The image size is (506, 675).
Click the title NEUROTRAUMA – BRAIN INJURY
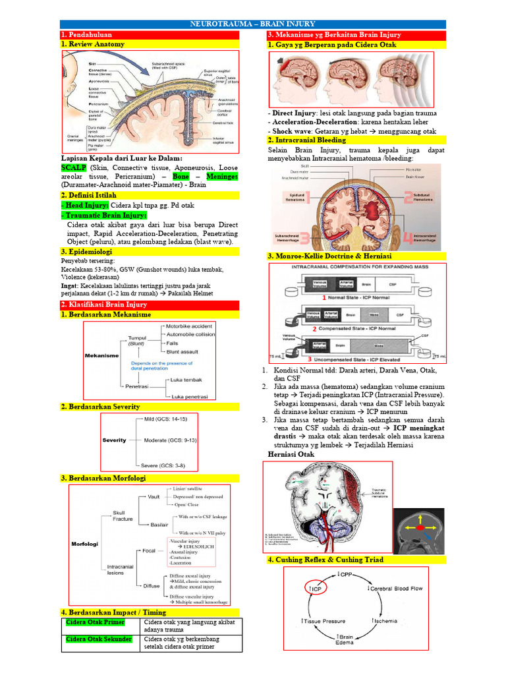[x=252, y=24]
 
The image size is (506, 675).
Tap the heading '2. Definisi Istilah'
[x=92, y=196]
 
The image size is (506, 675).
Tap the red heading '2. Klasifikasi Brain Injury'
[x=104, y=305]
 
